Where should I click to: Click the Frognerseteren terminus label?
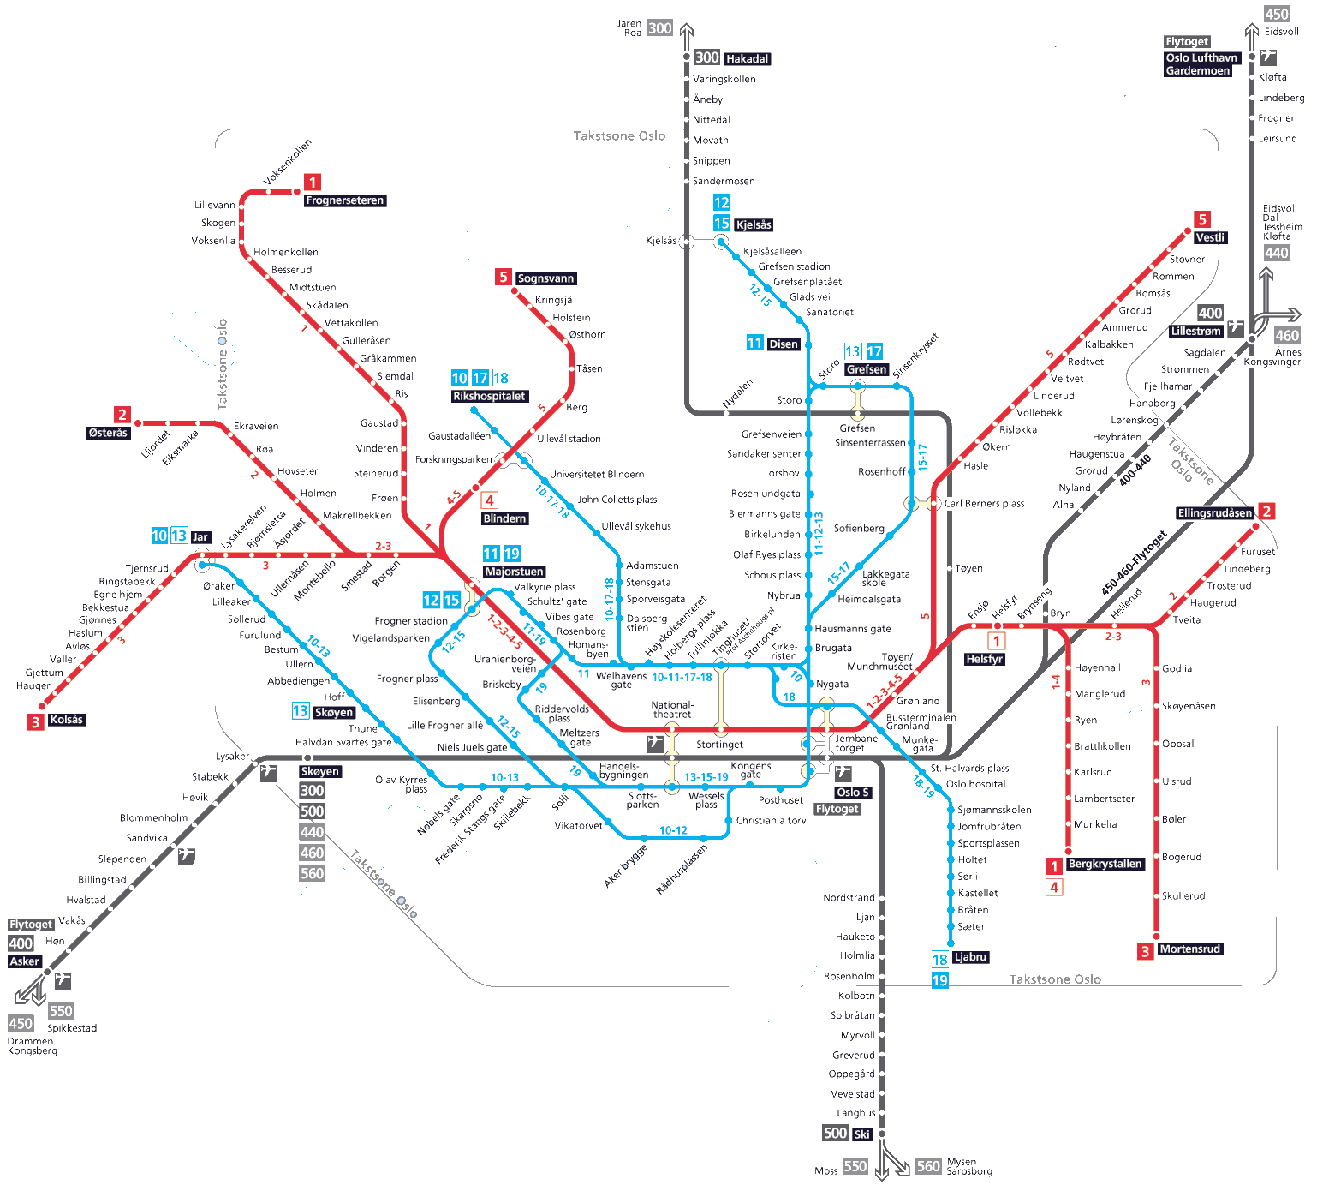point(345,200)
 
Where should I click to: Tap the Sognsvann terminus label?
point(545,278)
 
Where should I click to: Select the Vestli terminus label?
point(1210,237)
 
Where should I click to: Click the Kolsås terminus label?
point(66,720)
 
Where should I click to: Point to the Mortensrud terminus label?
point(1189,949)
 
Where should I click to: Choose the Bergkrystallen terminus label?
point(1105,864)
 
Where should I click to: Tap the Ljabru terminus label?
point(970,957)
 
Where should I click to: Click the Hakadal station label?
point(748,59)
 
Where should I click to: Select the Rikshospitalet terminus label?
point(489,396)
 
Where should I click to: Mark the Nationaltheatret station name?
point(672,709)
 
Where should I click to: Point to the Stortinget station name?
point(719,745)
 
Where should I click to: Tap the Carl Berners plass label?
point(984,504)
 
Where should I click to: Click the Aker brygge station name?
point(625,865)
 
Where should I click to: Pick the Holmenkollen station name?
point(285,252)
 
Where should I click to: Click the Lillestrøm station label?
point(1195,332)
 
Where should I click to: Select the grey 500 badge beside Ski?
point(835,1134)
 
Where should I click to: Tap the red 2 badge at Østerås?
point(122,415)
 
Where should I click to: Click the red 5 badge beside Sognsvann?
point(504,277)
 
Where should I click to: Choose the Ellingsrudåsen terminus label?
point(1214,513)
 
